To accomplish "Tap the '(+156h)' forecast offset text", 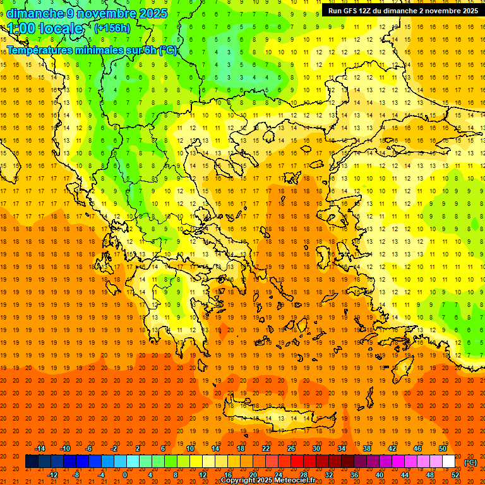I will (x=112, y=28).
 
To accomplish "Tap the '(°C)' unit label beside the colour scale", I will (x=470, y=462).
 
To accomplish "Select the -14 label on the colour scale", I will (x=40, y=448).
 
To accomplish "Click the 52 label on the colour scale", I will (x=455, y=475).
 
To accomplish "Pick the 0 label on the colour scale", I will (x=125, y=475).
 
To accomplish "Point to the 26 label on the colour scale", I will (x=291, y=448).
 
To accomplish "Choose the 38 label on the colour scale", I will (x=367, y=448).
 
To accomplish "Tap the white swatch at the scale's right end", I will (x=449, y=462).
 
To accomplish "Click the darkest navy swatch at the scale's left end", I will (x=32, y=462).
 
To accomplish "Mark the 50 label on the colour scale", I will (x=443, y=448).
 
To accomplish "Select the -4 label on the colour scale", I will (x=101, y=475).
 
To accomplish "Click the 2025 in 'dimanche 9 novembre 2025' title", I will (x=153, y=13).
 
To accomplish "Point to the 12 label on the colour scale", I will (x=203, y=475).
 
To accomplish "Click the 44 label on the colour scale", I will (x=405, y=475).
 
